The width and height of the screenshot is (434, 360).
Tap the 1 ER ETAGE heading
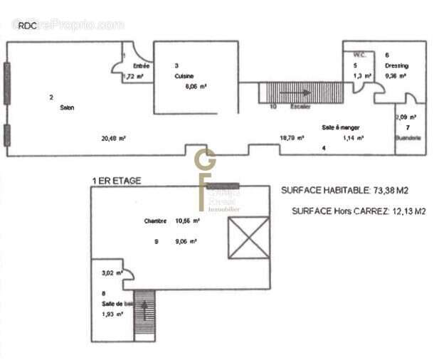[116, 181]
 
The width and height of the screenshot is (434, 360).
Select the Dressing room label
[396, 65]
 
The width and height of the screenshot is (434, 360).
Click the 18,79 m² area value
[292, 138]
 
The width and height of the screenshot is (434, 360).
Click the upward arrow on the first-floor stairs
[144, 309]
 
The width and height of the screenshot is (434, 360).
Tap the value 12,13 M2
[403, 211]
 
